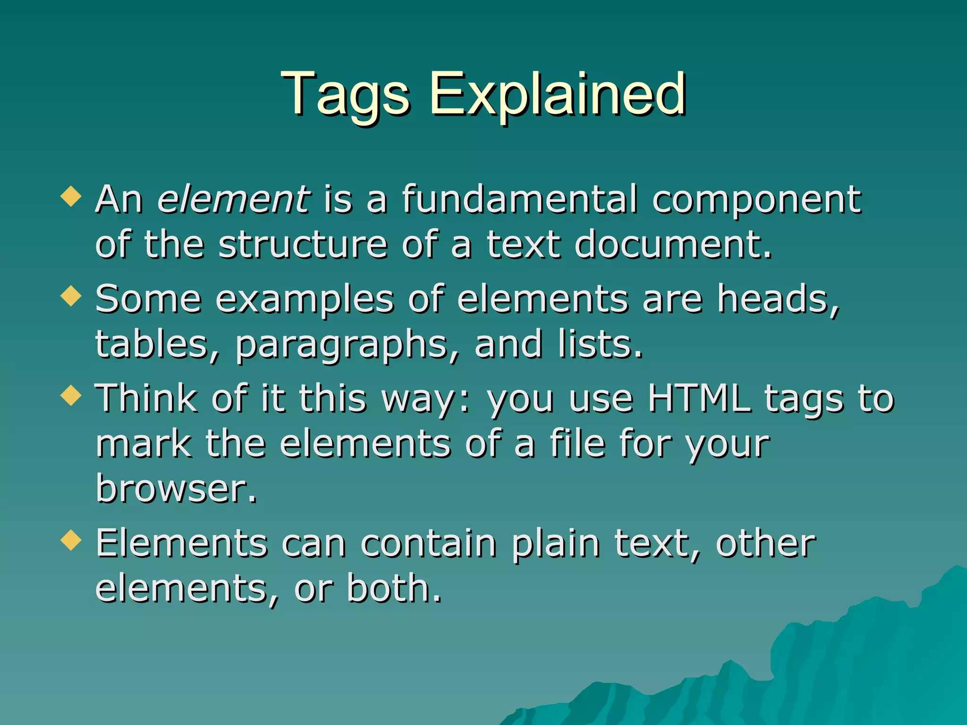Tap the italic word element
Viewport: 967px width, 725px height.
pyautogui.click(x=234, y=199)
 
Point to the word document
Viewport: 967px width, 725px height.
pyautogui.click(x=673, y=244)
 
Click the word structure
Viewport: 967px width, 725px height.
pyautogui.click(x=303, y=244)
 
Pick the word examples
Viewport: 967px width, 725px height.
pyautogui.click(x=305, y=300)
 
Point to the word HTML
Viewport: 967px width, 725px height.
pyautogui.click(x=699, y=398)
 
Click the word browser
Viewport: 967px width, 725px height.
pyautogui.click(x=176, y=488)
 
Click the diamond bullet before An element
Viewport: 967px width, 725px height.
pyautogui.click(x=71, y=196)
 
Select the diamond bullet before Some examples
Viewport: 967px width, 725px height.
pyautogui.click(x=71, y=296)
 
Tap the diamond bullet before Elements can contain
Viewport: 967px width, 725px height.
pyautogui.click(x=71, y=540)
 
